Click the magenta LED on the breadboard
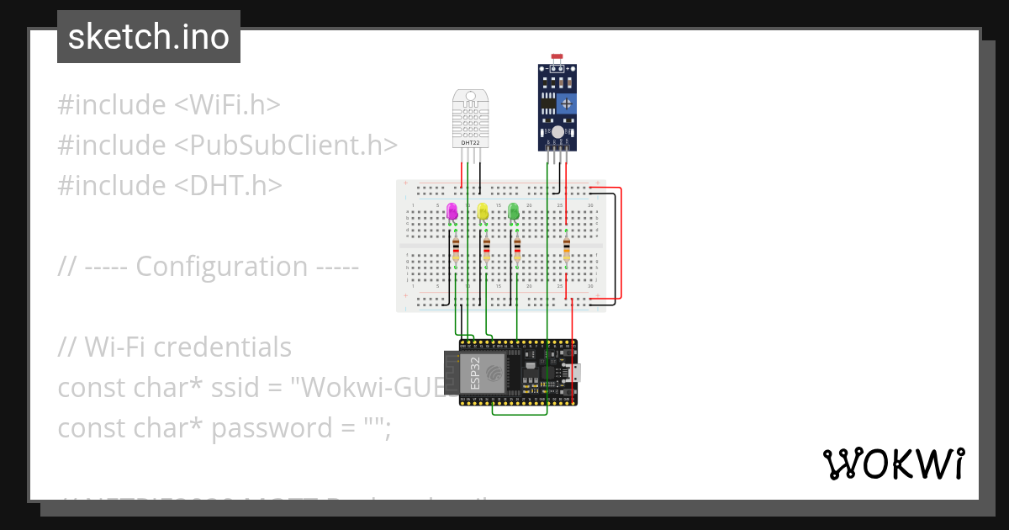(x=452, y=211)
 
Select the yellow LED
(x=483, y=211)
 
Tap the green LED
(x=514, y=211)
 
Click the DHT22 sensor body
(x=471, y=116)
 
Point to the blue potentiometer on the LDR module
(x=569, y=103)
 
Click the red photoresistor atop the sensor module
(x=557, y=57)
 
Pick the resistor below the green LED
(x=517, y=249)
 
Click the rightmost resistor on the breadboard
(x=567, y=249)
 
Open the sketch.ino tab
(x=149, y=37)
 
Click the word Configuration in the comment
(x=222, y=266)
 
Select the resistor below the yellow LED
(x=487, y=249)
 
